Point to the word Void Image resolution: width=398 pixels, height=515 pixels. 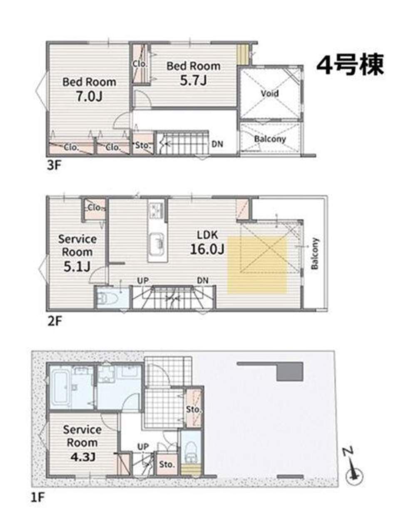270,93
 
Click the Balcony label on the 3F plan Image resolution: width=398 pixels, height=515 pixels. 270,139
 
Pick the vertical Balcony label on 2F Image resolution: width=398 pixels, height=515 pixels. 315,253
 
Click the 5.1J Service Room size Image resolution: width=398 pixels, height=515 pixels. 77,266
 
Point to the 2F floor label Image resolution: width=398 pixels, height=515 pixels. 55,321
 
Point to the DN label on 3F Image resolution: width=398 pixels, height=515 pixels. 217,144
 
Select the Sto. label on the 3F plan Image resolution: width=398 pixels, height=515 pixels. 142,145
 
